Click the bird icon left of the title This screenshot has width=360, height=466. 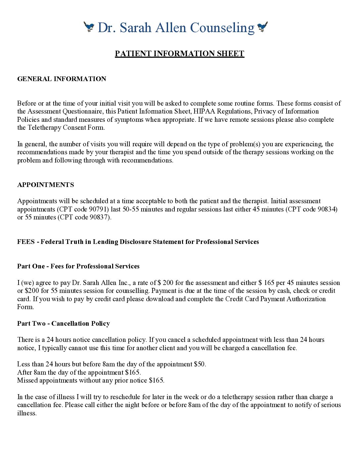click(x=89, y=27)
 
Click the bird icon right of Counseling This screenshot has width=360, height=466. click(x=262, y=27)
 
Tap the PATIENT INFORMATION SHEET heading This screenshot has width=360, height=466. click(x=179, y=54)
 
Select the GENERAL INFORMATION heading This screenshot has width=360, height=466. click(x=62, y=79)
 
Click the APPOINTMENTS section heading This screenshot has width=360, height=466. click(x=46, y=185)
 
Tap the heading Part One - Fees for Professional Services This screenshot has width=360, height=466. click(x=78, y=266)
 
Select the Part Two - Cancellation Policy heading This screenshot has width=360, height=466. click(x=64, y=323)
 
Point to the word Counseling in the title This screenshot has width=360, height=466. click(x=222, y=27)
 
